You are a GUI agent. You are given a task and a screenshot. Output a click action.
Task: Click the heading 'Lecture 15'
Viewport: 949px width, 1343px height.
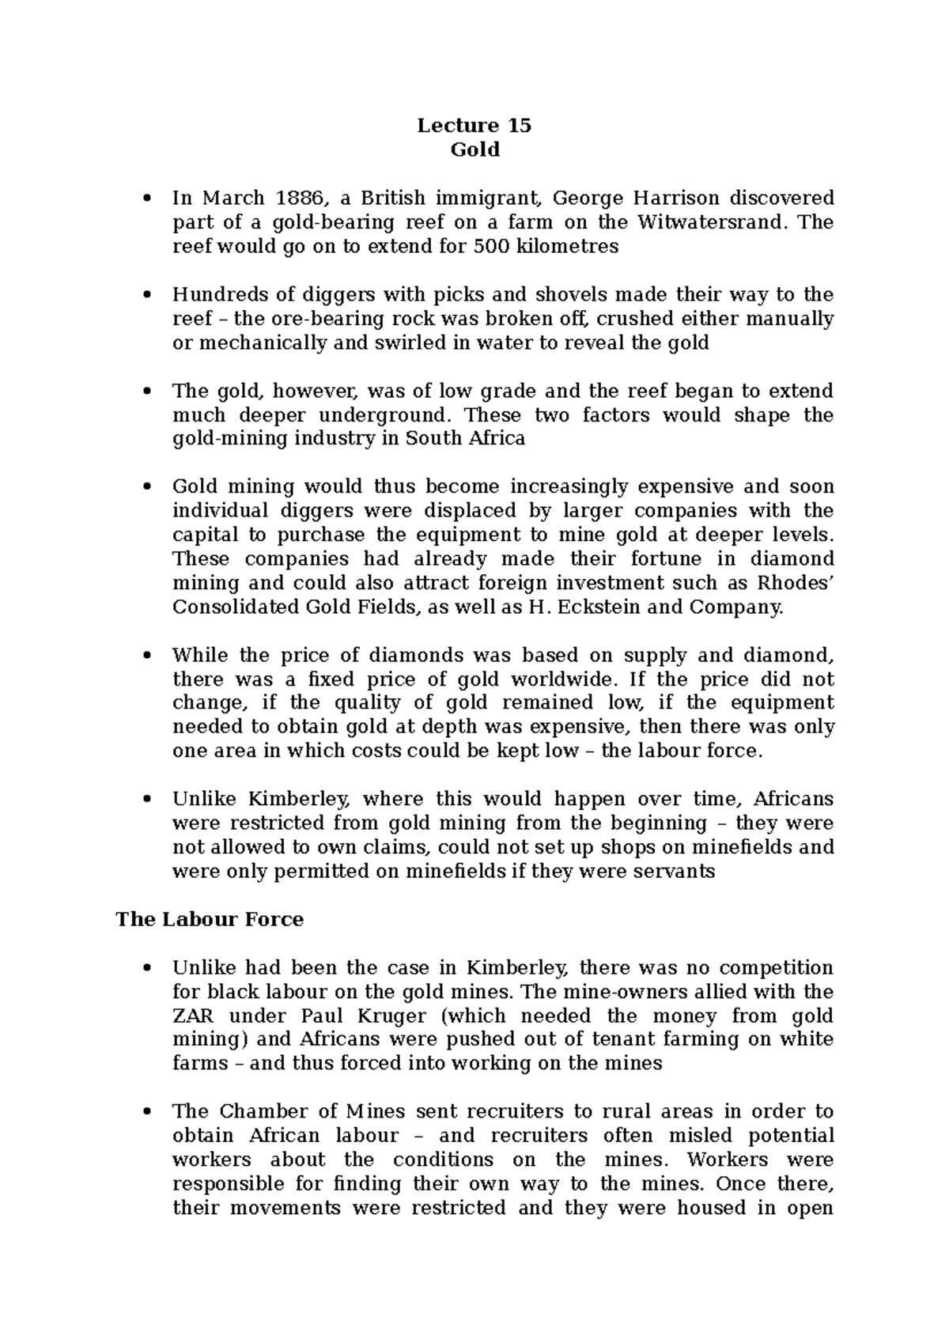[x=475, y=126]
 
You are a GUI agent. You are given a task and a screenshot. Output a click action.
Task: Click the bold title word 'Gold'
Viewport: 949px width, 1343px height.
[x=475, y=149]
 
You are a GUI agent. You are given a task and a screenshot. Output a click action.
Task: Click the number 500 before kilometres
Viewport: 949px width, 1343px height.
[x=491, y=246]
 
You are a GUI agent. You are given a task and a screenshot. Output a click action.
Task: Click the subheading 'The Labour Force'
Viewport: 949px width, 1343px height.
[x=210, y=919]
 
